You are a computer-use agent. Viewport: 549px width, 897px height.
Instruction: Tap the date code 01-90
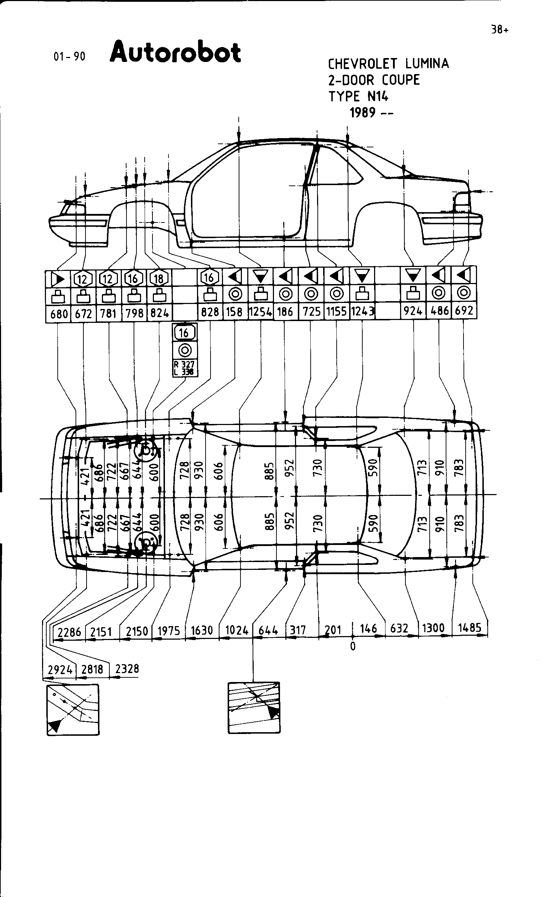(x=69, y=57)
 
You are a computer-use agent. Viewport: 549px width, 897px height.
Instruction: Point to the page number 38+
(x=499, y=30)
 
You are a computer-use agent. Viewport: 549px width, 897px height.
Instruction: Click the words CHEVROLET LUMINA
(x=388, y=64)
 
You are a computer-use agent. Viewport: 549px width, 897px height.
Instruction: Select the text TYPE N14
(x=358, y=96)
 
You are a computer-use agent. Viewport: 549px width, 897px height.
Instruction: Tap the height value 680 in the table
(x=59, y=314)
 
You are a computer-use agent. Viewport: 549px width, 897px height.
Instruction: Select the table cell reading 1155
(x=336, y=312)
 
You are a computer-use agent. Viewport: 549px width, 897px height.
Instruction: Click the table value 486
(x=439, y=311)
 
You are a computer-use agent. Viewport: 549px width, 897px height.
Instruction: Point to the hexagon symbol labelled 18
(x=159, y=279)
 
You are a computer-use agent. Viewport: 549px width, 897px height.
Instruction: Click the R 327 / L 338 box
(x=185, y=368)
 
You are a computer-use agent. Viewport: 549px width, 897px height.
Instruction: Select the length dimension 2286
(x=69, y=632)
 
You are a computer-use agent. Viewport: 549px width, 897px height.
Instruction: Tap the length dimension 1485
(x=470, y=628)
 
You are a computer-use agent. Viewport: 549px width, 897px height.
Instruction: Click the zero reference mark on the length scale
(x=352, y=646)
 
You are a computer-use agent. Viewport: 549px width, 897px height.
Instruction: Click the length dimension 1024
(x=237, y=630)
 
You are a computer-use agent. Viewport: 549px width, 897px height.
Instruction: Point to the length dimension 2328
(x=127, y=669)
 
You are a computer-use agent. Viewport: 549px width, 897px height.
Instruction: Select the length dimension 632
(x=399, y=629)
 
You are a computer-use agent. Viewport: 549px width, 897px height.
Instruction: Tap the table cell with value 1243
(x=362, y=311)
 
